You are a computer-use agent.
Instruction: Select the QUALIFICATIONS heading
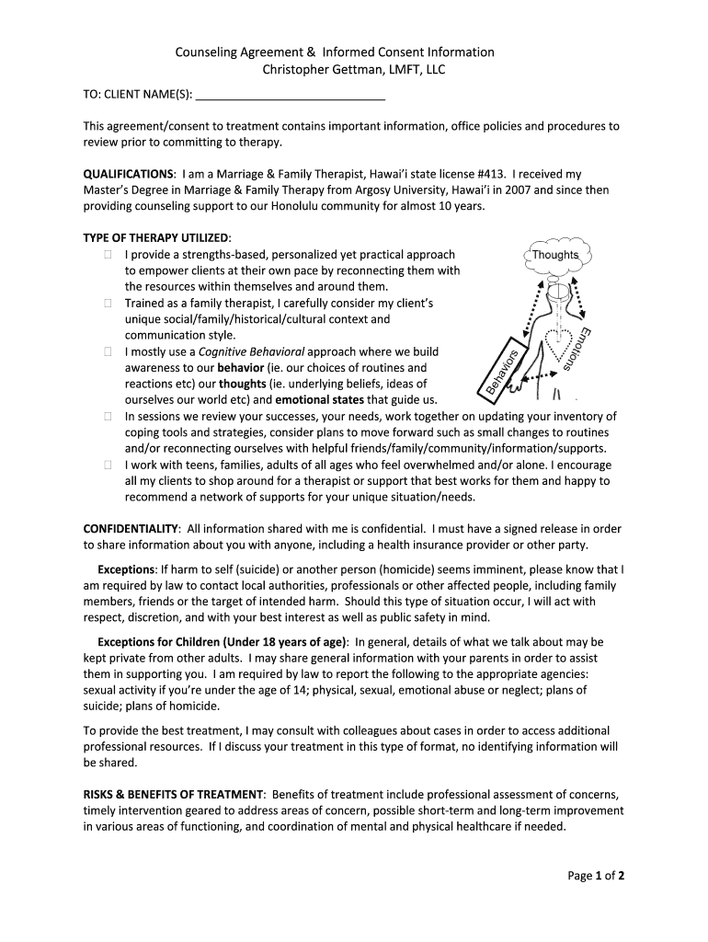point(129,173)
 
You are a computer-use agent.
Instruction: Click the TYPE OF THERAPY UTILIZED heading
point(156,238)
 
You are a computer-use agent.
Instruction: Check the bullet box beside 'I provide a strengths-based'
point(108,255)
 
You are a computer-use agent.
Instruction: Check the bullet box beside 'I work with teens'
point(108,465)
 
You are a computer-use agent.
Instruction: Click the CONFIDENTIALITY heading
point(131,529)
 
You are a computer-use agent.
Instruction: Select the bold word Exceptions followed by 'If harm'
point(126,569)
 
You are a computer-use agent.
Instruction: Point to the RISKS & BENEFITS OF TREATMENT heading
point(175,794)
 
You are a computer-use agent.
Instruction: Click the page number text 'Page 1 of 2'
point(596,876)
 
